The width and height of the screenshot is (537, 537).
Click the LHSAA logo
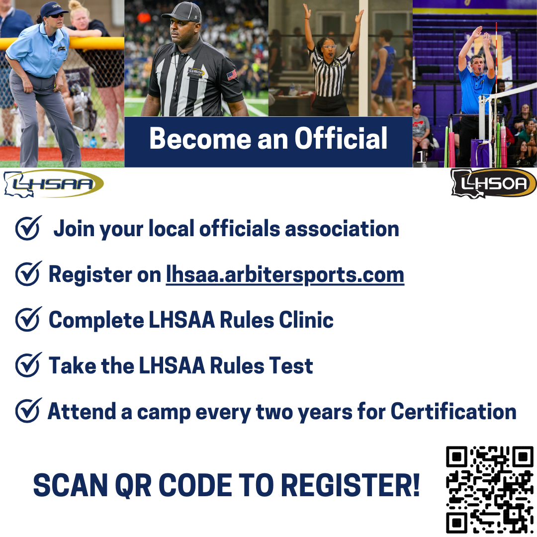click(x=53, y=183)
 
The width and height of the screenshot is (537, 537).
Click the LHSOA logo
click(x=494, y=183)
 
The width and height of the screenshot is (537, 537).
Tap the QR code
click(x=490, y=490)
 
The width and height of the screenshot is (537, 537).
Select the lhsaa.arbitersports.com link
click(x=285, y=274)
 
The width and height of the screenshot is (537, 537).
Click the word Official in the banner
click(x=341, y=138)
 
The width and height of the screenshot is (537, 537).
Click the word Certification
click(x=453, y=411)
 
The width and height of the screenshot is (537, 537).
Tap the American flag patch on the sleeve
click(x=232, y=75)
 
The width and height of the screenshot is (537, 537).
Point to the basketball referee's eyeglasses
click(x=329, y=46)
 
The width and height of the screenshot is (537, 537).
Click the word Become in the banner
click(x=200, y=138)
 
